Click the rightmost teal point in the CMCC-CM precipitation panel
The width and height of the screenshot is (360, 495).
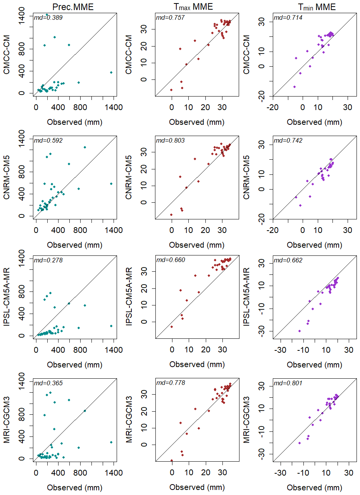(111, 72)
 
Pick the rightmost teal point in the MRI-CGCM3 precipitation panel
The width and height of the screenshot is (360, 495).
(111, 442)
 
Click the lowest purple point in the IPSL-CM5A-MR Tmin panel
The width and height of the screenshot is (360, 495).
(300, 331)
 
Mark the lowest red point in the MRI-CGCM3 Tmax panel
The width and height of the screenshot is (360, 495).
(172, 461)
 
